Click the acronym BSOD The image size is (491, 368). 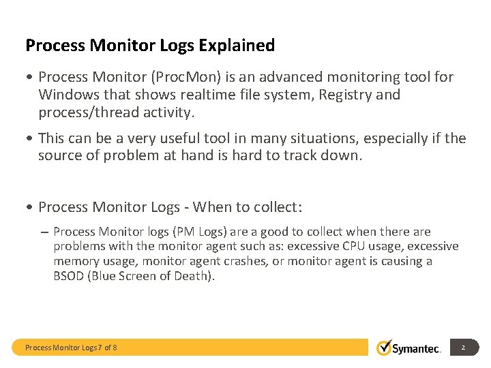tap(70, 276)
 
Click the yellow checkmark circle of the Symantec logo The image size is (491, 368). tap(385, 348)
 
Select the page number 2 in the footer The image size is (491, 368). tap(463, 348)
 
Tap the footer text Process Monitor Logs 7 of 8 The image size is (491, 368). tap(71, 348)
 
